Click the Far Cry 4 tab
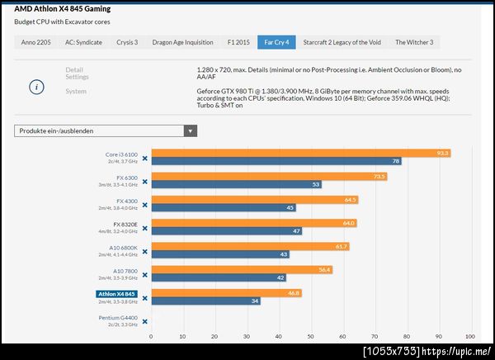[275, 42]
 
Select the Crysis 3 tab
[127, 42]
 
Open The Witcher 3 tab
[413, 42]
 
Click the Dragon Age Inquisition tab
[181, 42]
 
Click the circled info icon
[36, 85]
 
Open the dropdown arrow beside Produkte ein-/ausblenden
[191, 130]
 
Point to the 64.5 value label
[350, 200]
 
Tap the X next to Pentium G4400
[144, 321]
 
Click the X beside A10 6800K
[144, 251]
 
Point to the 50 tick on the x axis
[310, 337]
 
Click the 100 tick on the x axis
[469, 337]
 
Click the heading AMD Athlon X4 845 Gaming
[63, 9]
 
